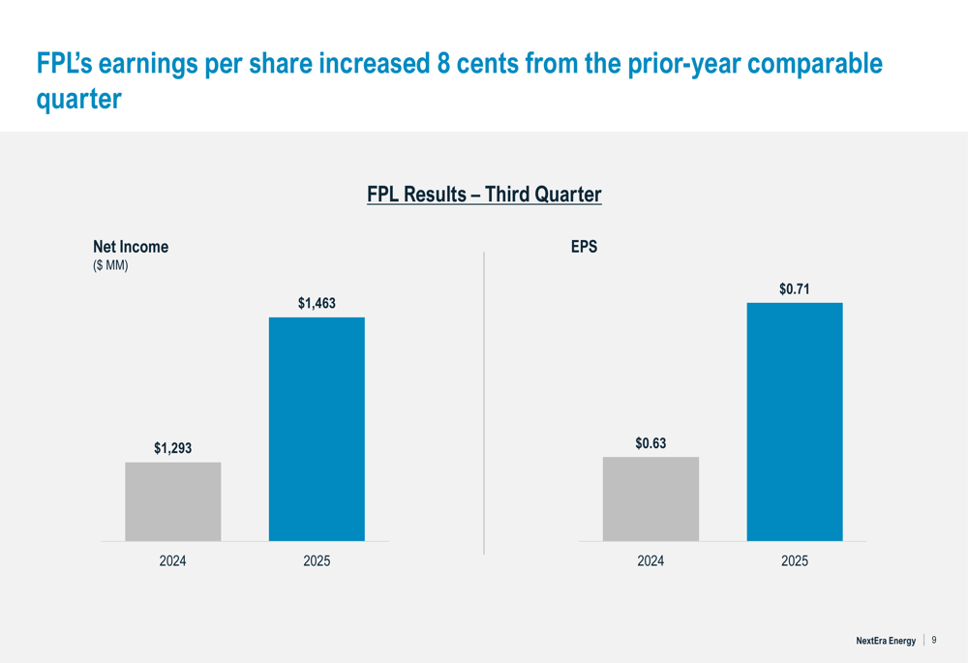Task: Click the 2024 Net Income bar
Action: point(173,501)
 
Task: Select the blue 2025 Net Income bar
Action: point(317,429)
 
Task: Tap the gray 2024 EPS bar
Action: point(650,498)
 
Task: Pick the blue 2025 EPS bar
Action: point(795,421)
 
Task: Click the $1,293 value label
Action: point(173,448)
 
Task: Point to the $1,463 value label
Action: point(317,304)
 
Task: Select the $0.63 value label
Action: point(650,443)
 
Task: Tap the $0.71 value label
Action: point(795,289)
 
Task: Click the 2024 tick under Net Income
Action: point(173,561)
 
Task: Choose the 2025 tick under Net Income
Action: point(317,561)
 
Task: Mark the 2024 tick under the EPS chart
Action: point(650,561)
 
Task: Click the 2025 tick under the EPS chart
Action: point(795,561)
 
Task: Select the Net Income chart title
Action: point(130,247)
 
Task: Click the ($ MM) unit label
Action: point(110,265)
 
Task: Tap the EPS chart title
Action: point(584,247)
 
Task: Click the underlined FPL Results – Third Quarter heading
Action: point(484,195)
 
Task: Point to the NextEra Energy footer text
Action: point(885,641)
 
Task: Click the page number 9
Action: point(934,640)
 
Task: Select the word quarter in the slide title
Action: point(78,100)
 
